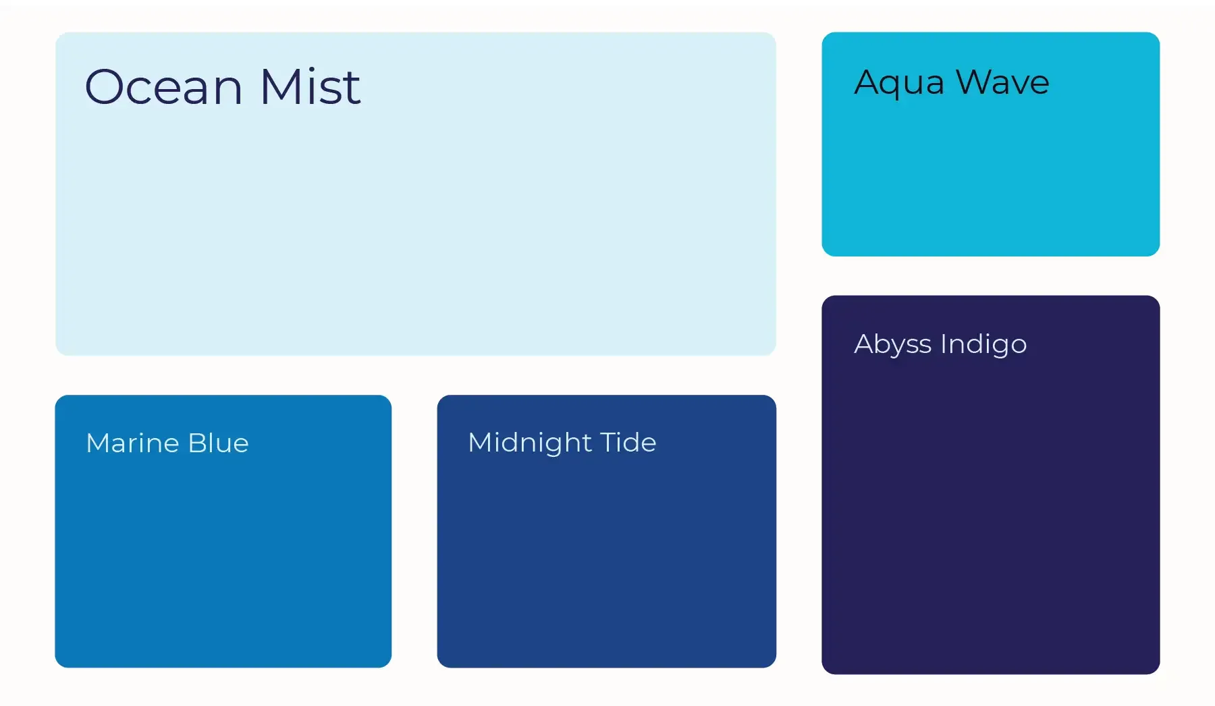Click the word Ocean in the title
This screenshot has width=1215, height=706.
[163, 87]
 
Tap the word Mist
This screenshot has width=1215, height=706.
[310, 87]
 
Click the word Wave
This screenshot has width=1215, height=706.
[1002, 82]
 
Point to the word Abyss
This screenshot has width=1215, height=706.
[892, 345]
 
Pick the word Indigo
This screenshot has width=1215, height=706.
[983, 344]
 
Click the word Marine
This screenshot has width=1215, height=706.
[132, 443]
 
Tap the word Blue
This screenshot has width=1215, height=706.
[219, 443]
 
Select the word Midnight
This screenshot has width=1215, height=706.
[530, 443]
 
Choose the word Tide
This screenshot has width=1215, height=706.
[628, 443]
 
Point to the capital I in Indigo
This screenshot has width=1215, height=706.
[944, 344]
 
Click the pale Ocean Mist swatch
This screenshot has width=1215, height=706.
[415, 223]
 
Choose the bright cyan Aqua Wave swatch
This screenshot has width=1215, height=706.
[990, 175]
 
